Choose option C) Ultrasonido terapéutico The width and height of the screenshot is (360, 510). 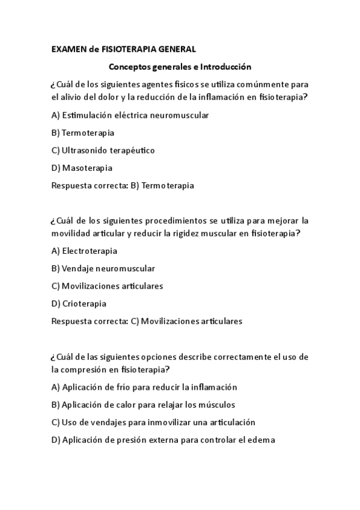coord(103,150)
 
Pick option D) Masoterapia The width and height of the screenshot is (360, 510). coord(82,168)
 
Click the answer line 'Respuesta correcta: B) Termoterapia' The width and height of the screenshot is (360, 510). coord(123,186)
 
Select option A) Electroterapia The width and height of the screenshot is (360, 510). coord(85,250)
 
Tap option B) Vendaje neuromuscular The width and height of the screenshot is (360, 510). coord(103,268)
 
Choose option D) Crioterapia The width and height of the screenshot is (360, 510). coord(79,303)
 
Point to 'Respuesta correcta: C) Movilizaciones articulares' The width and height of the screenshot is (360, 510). coord(147,321)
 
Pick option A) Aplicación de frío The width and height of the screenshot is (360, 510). coord(145,387)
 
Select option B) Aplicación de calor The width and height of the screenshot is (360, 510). coord(144,404)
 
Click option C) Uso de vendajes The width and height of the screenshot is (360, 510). coord(154,422)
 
